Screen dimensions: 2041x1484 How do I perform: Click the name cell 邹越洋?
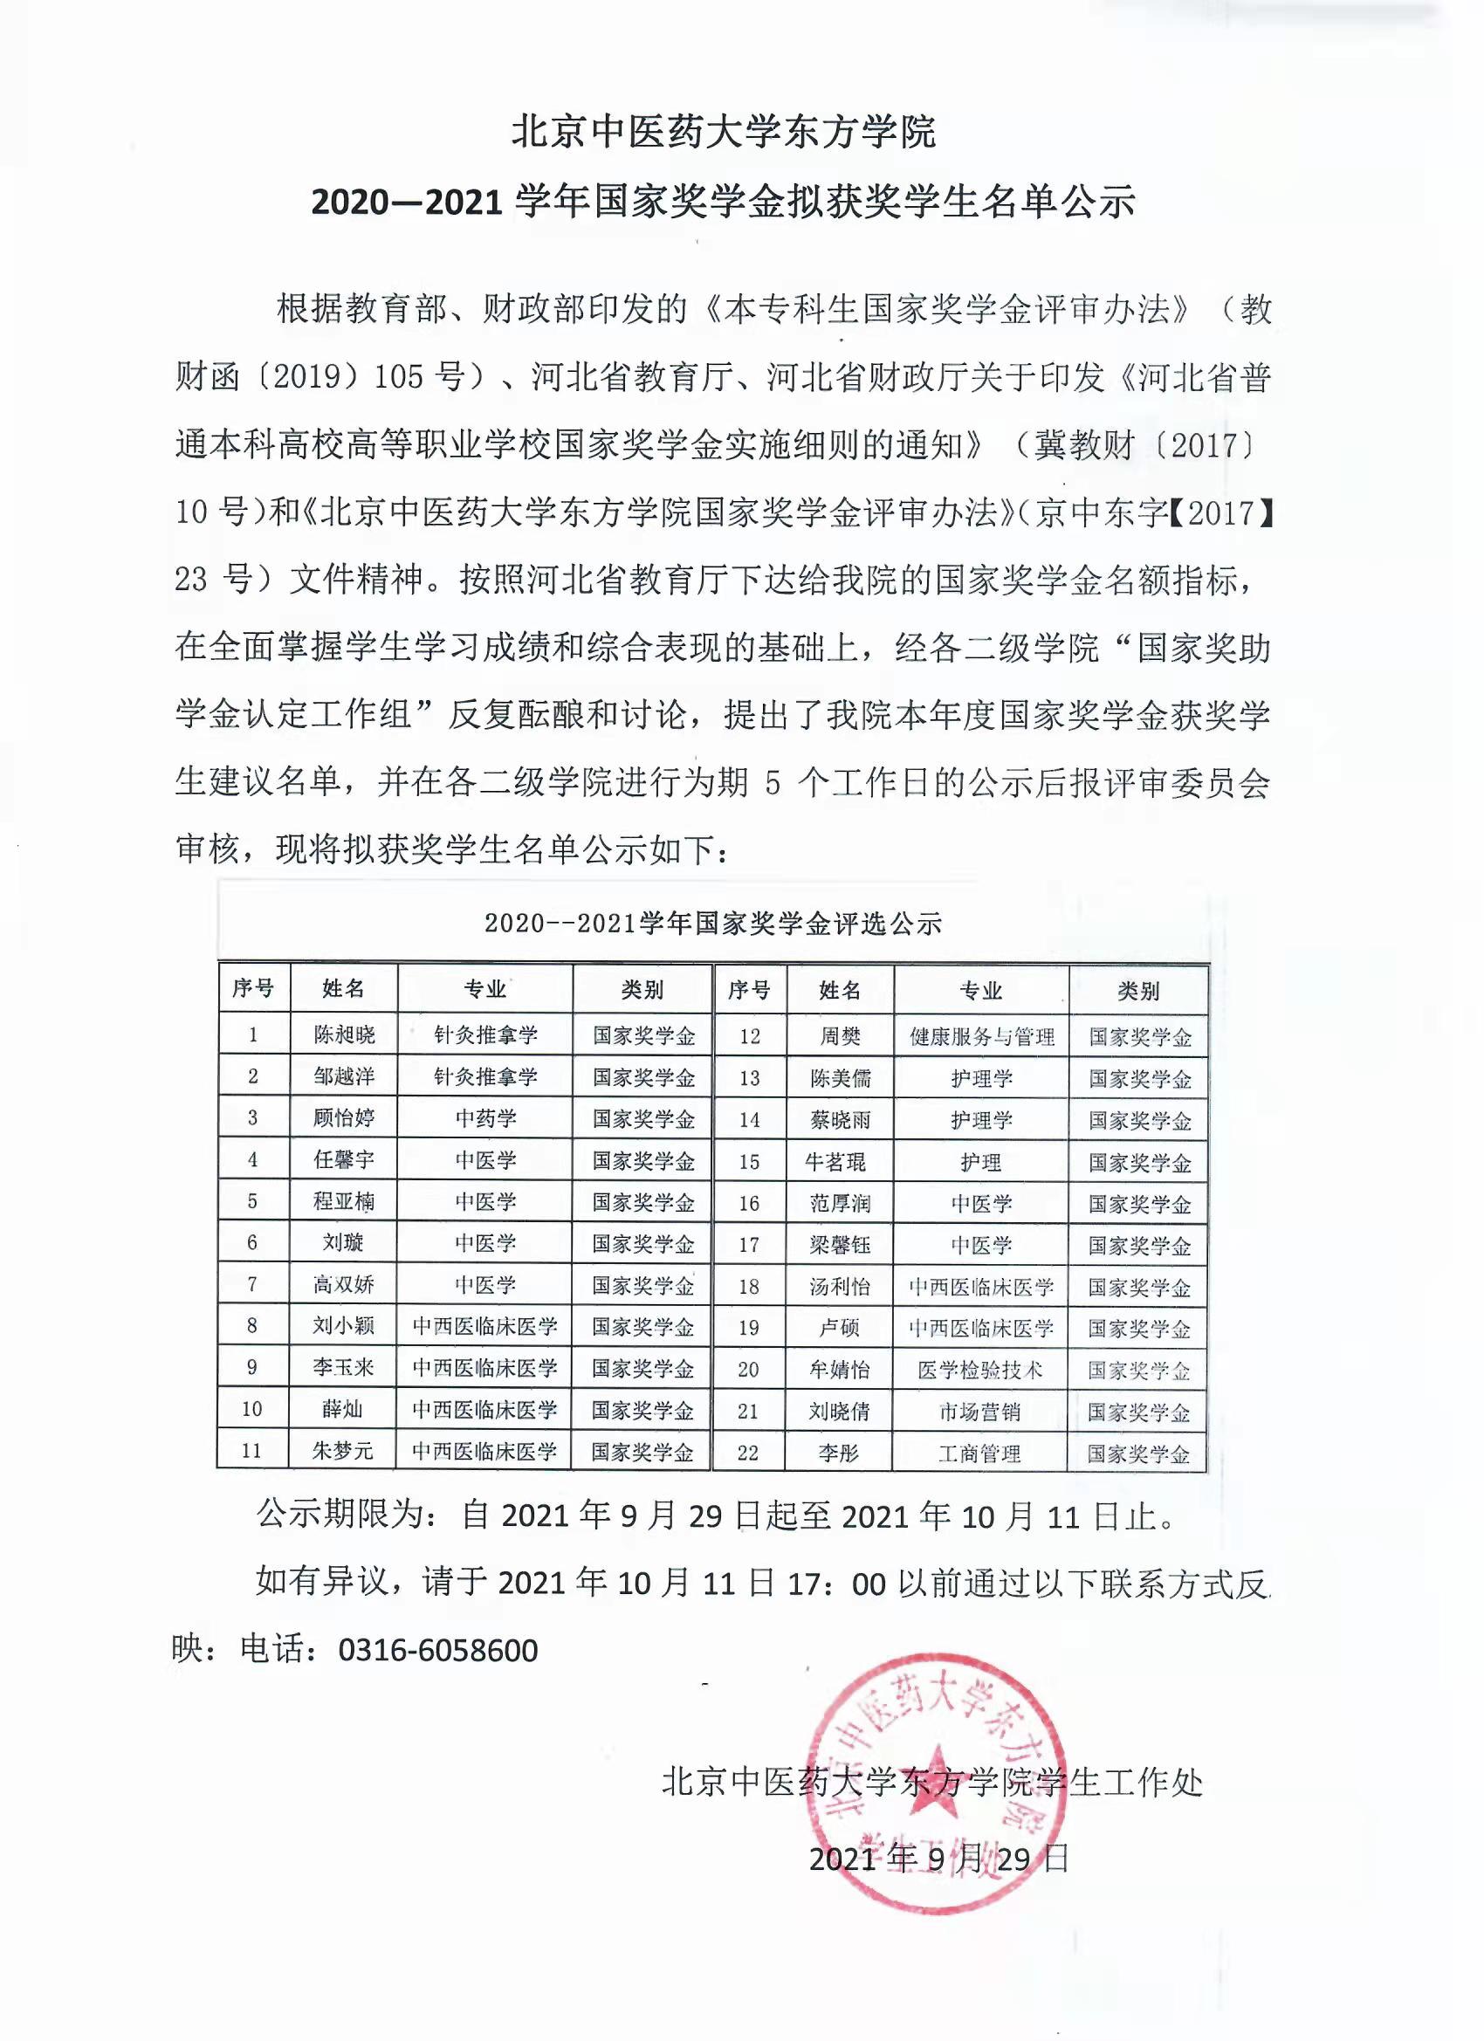tap(343, 1076)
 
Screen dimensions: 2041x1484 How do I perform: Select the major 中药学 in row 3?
tap(485, 1118)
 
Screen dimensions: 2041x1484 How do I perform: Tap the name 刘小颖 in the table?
tap(343, 1325)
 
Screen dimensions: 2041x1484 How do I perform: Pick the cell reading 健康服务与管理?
tap(981, 1037)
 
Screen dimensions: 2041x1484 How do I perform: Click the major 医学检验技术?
tap(980, 1370)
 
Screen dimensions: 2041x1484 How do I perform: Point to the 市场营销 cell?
tap(980, 1411)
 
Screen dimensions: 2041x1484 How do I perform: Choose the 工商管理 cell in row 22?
tap(979, 1453)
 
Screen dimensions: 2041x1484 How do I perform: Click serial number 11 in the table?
tap(252, 1451)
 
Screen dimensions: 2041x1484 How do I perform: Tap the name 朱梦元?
tap(343, 1451)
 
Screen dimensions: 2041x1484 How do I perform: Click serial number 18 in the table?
tap(749, 1287)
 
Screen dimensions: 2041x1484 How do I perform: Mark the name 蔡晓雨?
tap(839, 1120)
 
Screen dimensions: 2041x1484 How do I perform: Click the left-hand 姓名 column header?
tap(343, 989)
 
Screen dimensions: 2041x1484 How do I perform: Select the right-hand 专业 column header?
tap(981, 991)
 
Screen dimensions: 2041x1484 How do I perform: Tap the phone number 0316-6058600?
tap(438, 1651)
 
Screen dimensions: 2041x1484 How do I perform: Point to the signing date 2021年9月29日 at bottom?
tap(938, 1859)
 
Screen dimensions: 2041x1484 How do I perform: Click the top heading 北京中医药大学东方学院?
tap(725, 132)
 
